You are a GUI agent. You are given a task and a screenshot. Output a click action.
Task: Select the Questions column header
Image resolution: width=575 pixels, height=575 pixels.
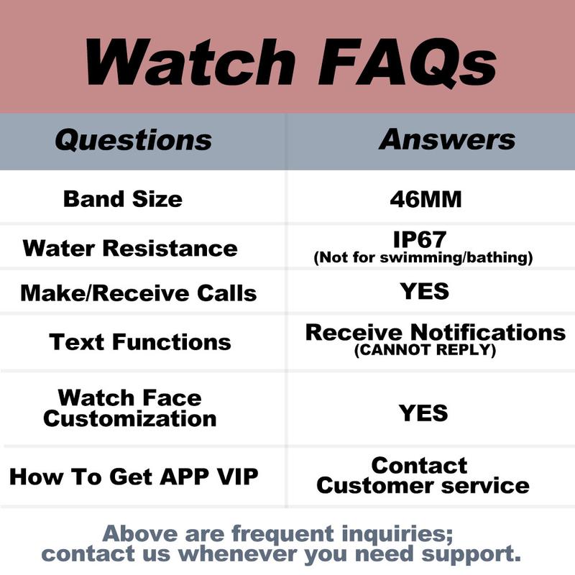tap(133, 139)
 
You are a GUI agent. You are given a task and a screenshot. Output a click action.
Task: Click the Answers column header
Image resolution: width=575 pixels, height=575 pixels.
tap(446, 139)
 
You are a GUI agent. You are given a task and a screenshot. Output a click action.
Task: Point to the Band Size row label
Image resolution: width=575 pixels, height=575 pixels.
tap(123, 198)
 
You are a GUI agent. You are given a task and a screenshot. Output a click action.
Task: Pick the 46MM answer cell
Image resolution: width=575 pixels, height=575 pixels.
tap(425, 199)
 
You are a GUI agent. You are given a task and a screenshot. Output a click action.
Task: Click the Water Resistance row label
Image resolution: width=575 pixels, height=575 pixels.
tap(130, 249)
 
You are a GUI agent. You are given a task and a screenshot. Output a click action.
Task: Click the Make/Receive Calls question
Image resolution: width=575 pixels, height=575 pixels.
tap(139, 293)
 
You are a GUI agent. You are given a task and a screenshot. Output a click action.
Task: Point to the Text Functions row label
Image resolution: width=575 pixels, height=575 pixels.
tap(140, 341)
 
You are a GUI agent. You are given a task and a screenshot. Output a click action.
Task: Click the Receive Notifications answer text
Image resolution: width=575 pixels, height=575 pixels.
tap(435, 332)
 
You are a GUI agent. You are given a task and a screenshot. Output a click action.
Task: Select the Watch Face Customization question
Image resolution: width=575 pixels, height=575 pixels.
tap(129, 408)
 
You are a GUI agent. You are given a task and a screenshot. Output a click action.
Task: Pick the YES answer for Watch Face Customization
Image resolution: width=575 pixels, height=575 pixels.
tap(424, 413)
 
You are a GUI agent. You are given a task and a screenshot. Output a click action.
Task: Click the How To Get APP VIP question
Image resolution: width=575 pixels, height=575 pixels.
tap(134, 476)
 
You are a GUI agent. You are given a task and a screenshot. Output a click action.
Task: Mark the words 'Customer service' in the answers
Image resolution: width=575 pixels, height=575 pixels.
tap(423, 485)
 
